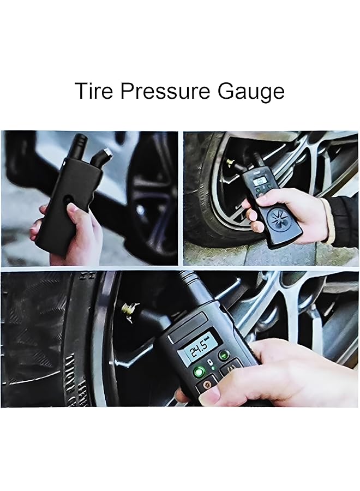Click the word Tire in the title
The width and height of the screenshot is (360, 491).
pyautogui.click(x=94, y=91)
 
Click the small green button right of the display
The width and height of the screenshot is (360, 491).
pyautogui.click(x=223, y=355)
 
